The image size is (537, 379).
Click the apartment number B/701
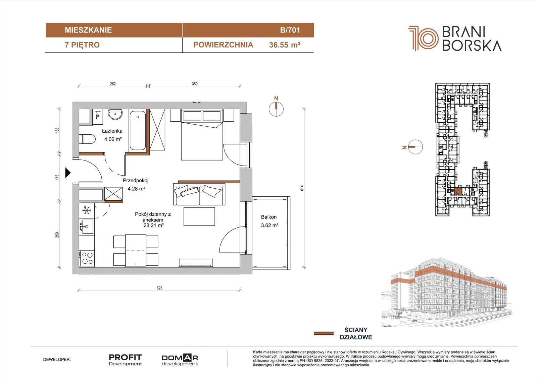pyautogui.click(x=290, y=30)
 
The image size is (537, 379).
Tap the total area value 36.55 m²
pyautogui.click(x=285, y=45)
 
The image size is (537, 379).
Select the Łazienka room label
pyautogui.click(x=112, y=131)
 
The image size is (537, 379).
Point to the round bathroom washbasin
pyautogui.click(x=115, y=114)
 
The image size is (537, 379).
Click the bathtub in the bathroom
pyautogui.click(x=138, y=130)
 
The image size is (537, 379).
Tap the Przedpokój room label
pyautogui.click(x=136, y=180)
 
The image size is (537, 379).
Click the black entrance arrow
pyautogui.click(x=68, y=173)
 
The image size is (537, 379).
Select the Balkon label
pyautogui.click(x=269, y=217)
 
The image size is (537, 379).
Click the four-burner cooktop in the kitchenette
pyautogui.click(x=87, y=258)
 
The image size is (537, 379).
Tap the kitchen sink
pyautogui.click(x=86, y=226)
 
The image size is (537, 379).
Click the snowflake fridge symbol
pyautogui.click(x=87, y=210)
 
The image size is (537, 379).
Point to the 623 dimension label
pyautogui.click(x=159, y=288)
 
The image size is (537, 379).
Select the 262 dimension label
pyautogui.click(x=113, y=84)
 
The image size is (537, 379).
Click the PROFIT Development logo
pyautogui.click(x=126, y=360)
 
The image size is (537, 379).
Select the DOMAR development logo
pyautogui.click(x=180, y=360)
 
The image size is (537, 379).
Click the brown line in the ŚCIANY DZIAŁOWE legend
pyautogui.click(x=324, y=333)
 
